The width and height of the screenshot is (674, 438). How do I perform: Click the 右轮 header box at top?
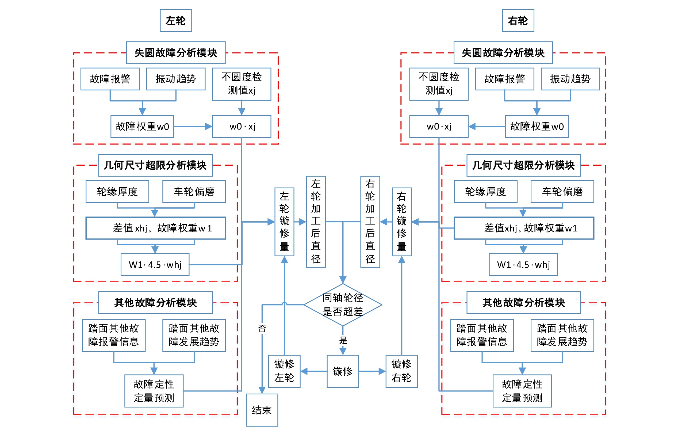tap(518, 20)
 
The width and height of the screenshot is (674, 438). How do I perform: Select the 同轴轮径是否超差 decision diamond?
tap(343, 305)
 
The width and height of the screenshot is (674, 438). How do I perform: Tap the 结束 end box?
tap(262, 410)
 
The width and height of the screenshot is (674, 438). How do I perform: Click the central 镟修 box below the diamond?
tap(343, 371)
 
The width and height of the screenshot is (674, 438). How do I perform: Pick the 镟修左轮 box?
tap(284, 371)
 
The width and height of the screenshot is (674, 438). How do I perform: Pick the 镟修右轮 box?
tap(401, 371)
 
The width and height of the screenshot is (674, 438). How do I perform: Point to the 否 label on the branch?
tap(262, 328)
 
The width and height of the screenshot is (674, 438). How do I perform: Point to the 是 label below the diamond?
tap(343, 340)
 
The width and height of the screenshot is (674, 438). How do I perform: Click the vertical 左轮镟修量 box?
tap(284, 222)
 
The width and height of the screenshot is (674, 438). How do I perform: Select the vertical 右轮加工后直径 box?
tap(370, 222)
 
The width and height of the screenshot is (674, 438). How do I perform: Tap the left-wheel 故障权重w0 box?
tap(142, 126)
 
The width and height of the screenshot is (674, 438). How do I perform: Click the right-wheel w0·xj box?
tap(439, 126)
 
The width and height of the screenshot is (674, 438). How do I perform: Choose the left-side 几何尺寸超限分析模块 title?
tap(155, 165)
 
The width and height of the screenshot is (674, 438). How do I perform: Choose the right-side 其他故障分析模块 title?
tap(523, 303)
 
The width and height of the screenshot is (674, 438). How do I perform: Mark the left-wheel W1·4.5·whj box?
tap(155, 265)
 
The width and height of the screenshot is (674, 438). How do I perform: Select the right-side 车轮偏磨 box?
tap(562, 192)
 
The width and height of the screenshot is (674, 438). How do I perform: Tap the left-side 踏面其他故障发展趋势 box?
tap(194, 336)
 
